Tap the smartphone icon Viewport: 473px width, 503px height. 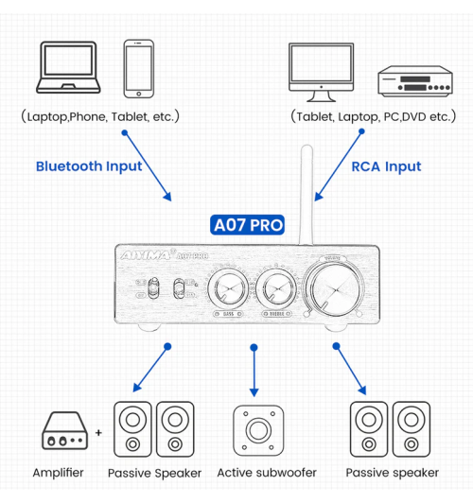click(x=139, y=68)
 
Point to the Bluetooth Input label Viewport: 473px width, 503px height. click(x=89, y=166)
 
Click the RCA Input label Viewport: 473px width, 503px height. click(x=386, y=166)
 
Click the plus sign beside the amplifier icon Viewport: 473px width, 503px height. click(x=98, y=435)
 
